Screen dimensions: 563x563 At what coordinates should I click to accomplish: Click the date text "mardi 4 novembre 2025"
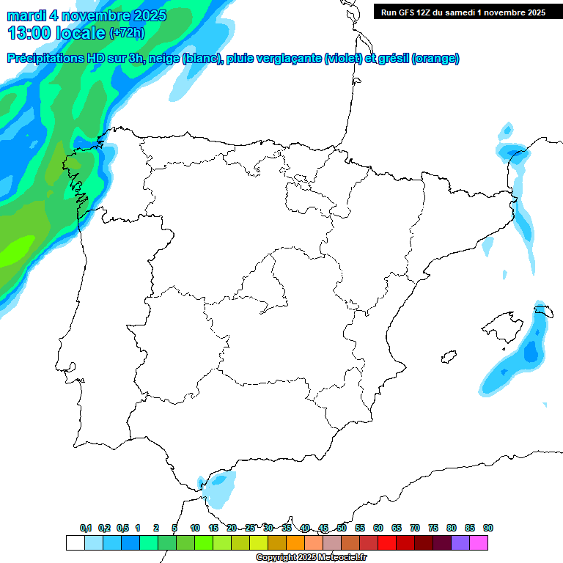(87, 15)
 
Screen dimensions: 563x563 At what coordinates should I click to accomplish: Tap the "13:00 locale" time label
(56, 33)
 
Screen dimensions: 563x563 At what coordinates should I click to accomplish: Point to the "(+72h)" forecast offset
(127, 33)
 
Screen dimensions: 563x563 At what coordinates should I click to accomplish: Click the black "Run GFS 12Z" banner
(463, 12)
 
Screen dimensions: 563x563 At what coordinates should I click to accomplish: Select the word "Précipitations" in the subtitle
(45, 59)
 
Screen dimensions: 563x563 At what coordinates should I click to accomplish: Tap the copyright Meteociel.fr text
(311, 558)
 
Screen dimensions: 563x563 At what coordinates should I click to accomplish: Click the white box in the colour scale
(75, 543)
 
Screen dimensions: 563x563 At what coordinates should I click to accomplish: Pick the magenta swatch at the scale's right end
(479, 543)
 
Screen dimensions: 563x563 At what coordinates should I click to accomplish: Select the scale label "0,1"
(86, 528)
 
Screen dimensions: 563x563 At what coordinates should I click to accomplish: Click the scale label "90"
(487, 528)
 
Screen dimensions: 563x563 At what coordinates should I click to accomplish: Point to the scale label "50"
(342, 528)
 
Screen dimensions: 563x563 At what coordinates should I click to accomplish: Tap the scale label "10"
(195, 528)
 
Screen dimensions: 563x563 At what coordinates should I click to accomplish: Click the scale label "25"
(250, 528)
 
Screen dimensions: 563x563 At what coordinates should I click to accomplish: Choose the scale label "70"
(415, 528)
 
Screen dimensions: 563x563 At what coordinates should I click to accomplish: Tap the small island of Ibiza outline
(447, 357)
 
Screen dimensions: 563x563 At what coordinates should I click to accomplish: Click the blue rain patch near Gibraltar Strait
(218, 488)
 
